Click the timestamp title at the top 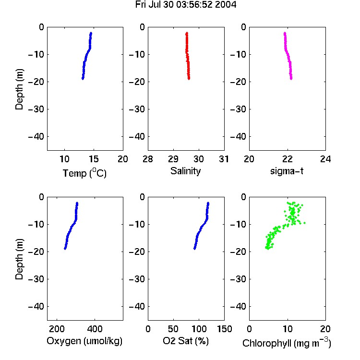(185, 5)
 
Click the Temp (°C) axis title (84, 173)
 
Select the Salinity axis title (185, 171)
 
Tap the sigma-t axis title (287, 171)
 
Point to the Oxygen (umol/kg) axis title (84, 341)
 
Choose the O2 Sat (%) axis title (186, 341)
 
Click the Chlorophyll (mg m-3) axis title (287, 343)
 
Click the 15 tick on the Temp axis (94, 159)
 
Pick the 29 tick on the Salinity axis (173, 159)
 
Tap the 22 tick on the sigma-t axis (287, 159)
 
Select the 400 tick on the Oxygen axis (95, 329)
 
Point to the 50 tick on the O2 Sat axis (173, 329)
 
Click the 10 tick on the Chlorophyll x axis (287, 329)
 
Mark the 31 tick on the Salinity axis (224, 159)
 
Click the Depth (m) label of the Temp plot (19, 89)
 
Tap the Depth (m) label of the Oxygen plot (19, 259)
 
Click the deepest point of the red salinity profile (189, 79)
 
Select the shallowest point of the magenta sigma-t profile (285, 33)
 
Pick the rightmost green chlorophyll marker (305, 223)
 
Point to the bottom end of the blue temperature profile (83, 79)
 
